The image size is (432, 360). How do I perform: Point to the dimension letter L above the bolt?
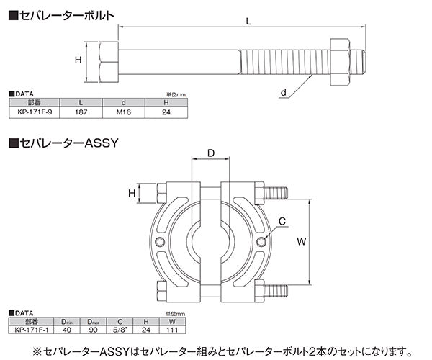[x=247, y=22]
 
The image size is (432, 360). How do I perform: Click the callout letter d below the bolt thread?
[x=284, y=93]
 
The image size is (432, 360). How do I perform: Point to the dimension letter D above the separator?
[x=212, y=154]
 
